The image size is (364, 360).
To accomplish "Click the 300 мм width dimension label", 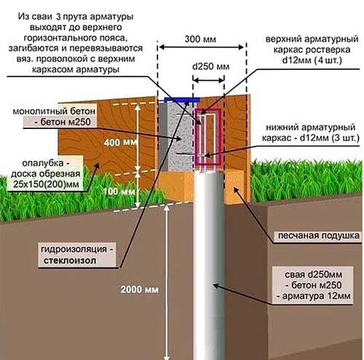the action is pos(200,39).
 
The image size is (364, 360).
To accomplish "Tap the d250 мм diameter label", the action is pos(210,66).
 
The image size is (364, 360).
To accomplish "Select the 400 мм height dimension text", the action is pos(121,142).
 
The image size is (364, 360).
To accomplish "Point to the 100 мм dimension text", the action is pos(119,192).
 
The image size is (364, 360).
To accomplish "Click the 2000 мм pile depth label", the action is pos(140,289).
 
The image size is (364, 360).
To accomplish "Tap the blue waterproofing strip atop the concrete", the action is pos(182,100).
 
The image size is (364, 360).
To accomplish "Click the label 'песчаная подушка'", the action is pos(319,235).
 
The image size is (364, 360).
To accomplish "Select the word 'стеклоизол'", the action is pos(70,261).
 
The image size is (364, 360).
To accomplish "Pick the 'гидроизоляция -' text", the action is pos(77,250).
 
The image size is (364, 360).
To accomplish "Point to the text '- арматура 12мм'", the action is pos(314,296).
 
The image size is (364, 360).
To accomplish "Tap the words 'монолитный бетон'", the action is pos(54,111).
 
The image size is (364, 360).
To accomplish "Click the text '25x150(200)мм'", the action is pos(46,184).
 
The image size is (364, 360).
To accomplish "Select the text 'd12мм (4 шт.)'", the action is pos(312,60).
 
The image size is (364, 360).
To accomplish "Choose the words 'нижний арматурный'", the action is pos(311,128).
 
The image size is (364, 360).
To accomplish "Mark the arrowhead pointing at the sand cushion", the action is pos(235,189).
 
